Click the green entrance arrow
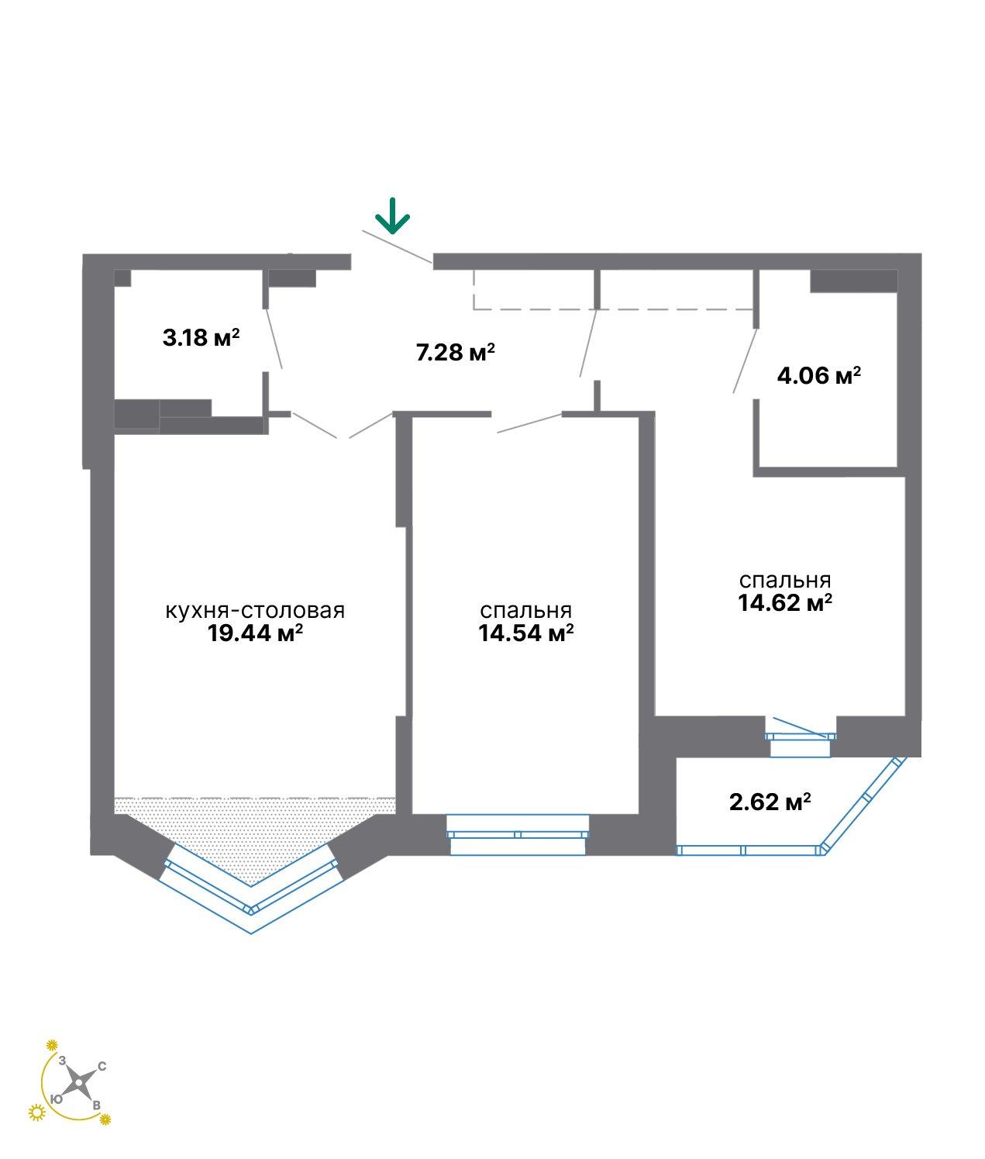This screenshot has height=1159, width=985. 392,216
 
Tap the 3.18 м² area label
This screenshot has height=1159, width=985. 201,337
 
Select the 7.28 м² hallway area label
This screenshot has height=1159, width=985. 455,352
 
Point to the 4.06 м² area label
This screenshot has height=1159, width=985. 818,375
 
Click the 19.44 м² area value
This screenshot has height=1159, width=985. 255,633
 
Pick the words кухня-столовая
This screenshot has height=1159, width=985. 255,611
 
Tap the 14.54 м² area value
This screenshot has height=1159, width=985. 526,633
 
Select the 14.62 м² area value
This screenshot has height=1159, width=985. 785,603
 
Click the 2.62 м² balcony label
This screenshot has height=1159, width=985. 770,802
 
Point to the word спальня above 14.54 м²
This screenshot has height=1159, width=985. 526,611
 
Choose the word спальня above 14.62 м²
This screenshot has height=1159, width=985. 785,581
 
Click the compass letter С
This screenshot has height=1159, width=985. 102,1066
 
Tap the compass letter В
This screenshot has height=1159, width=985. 96,1106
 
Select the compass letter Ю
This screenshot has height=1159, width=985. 56,1099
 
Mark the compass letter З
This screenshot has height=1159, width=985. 62,1060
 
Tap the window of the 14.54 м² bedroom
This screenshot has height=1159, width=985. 518,834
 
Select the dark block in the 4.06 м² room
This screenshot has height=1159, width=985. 854,281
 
